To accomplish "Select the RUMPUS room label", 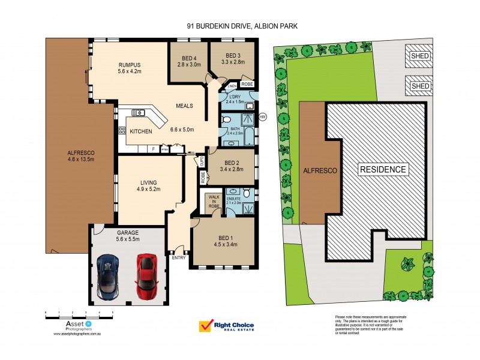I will [129, 65].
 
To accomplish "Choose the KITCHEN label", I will [141, 132].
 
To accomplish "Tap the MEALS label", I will [184, 106].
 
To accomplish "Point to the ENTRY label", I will [179, 257].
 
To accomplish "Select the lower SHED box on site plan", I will [420, 86].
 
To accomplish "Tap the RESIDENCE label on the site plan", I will [383, 169].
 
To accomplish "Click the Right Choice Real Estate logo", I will [227, 326].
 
